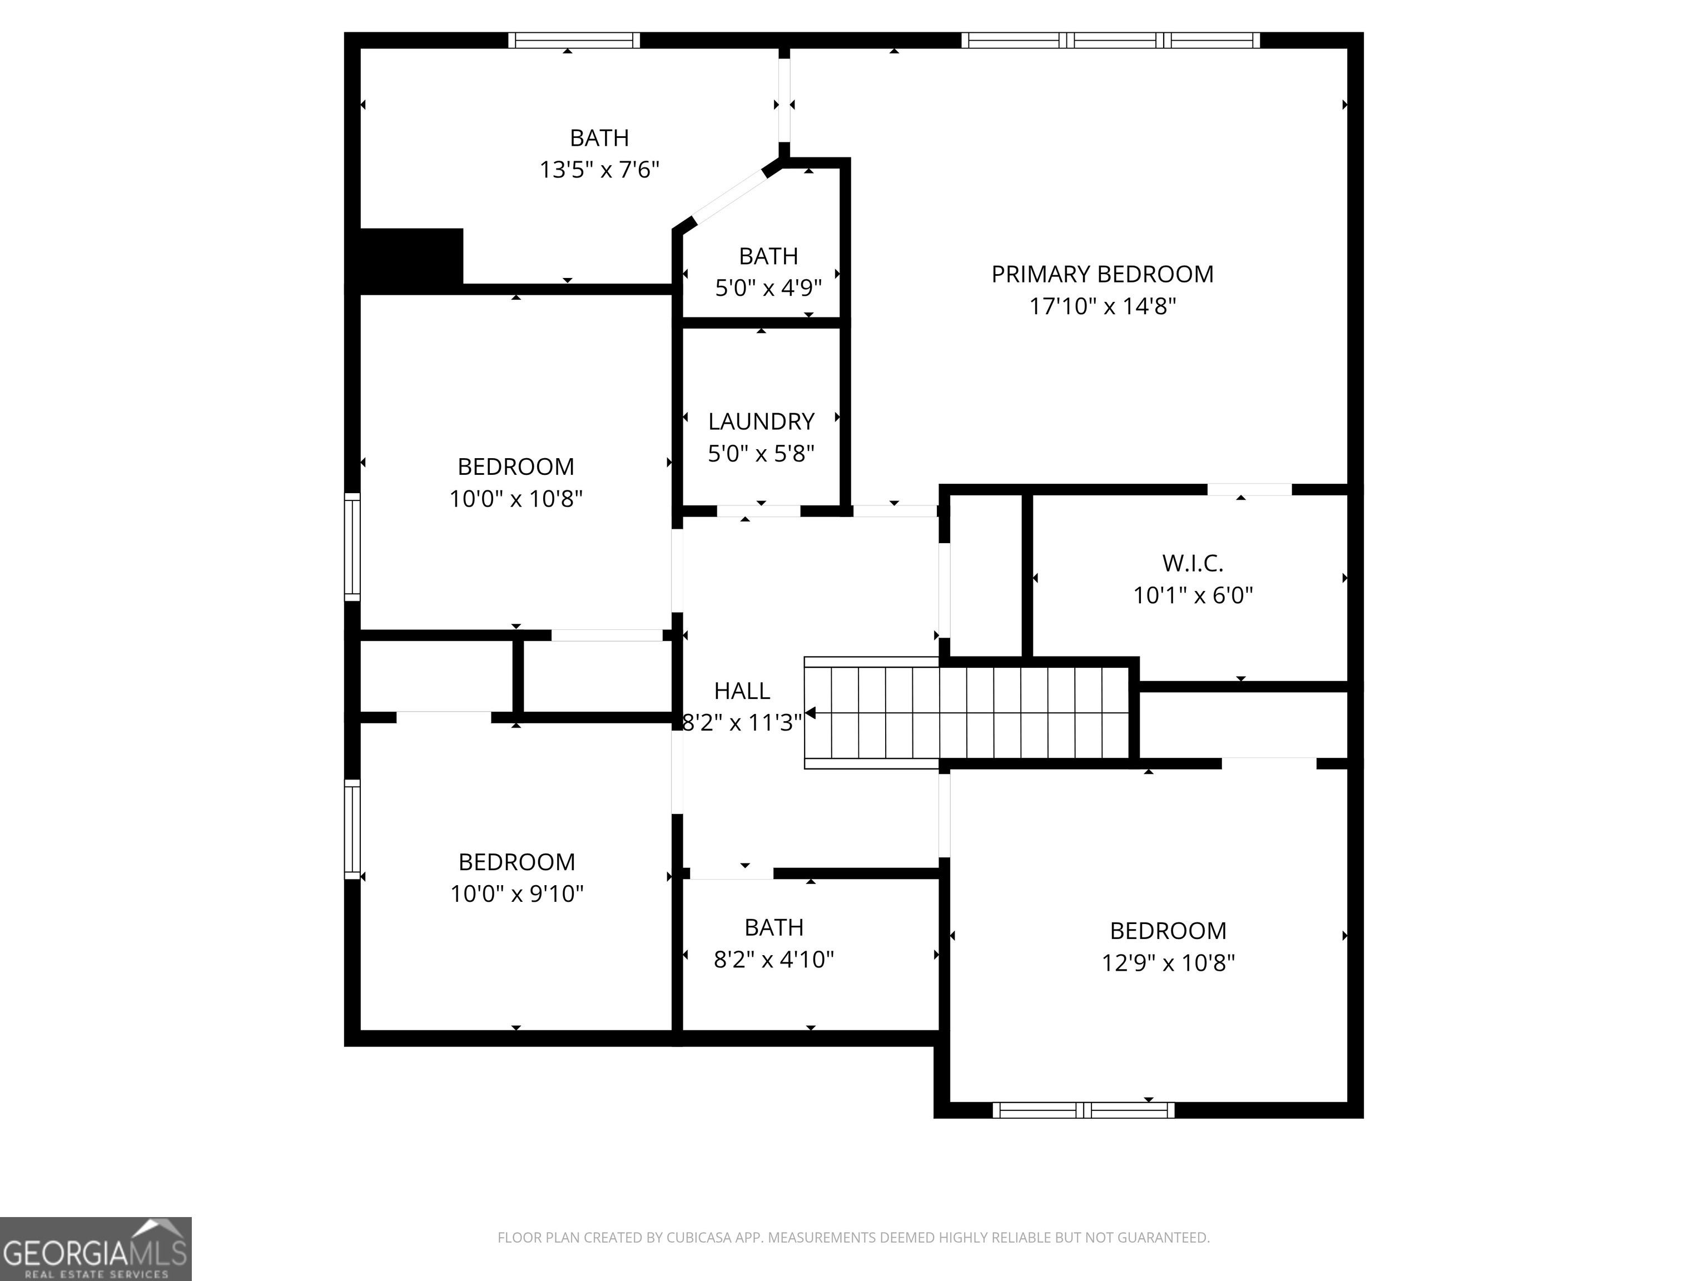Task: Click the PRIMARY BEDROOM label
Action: (1102, 274)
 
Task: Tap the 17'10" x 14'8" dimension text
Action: (1102, 306)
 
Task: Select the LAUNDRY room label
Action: (761, 421)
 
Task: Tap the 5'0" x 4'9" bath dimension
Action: (768, 288)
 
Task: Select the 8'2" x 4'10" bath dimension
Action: (774, 960)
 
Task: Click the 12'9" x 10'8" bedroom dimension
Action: (1168, 963)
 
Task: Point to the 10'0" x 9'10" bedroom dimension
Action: (517, 894)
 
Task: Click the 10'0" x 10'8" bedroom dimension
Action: (516, 499)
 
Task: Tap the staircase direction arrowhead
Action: (810, 713)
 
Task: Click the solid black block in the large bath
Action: (411, 260)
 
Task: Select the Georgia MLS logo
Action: (95, 1249)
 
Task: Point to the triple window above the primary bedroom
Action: (1110, 40)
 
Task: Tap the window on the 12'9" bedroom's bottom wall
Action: (1083, 1110)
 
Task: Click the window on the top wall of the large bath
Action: (574, 40)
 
